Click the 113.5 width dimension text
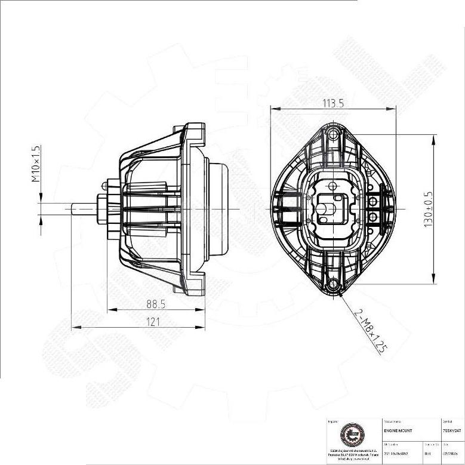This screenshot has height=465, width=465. tap(333, 103)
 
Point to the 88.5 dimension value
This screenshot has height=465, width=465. tap(156, 304)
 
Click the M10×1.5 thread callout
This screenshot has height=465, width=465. tap(35, 164)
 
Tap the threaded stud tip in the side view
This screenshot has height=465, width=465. tap(76, 209)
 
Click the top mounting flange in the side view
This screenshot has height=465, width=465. tap(194, 136)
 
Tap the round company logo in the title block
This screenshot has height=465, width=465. tap(350, 436)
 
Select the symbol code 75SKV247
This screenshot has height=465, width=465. tap(452, 430)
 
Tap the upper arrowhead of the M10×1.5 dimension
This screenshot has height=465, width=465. tap(41, 199)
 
